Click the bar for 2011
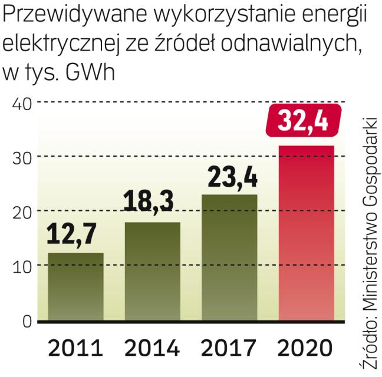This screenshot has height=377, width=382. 76,287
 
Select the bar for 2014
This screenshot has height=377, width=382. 152,272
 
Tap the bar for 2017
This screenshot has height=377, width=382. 229,257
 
